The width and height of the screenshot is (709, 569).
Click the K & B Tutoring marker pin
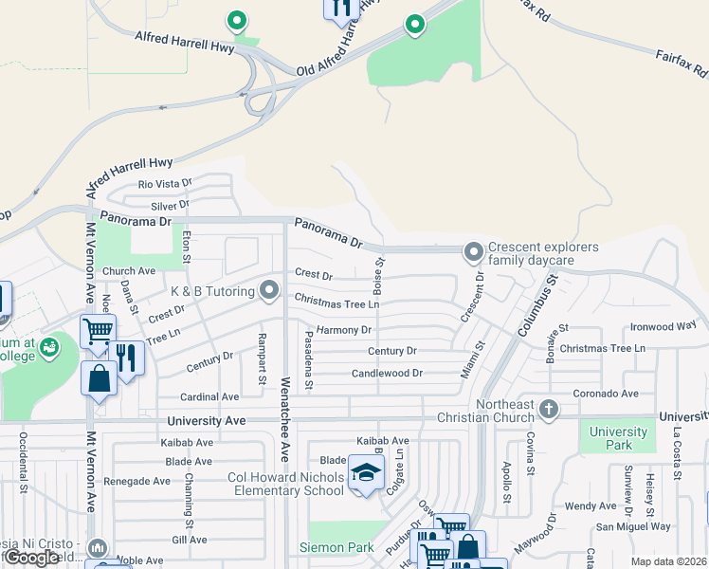click(270, 289)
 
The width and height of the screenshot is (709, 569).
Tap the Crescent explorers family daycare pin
click(473, 252)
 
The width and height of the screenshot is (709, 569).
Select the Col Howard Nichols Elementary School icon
click(364, 472)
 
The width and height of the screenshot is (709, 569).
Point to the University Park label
click(618, 438)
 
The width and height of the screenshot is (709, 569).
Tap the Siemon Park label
click(336, 547)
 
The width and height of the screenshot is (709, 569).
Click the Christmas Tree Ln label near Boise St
click(336, 302)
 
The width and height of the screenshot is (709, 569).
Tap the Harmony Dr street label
click(344, 330)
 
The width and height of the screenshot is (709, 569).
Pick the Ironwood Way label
click(664, 326)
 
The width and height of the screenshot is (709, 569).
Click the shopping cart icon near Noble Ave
click(98, 331)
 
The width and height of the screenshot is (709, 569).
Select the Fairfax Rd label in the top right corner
click(682, 63)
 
